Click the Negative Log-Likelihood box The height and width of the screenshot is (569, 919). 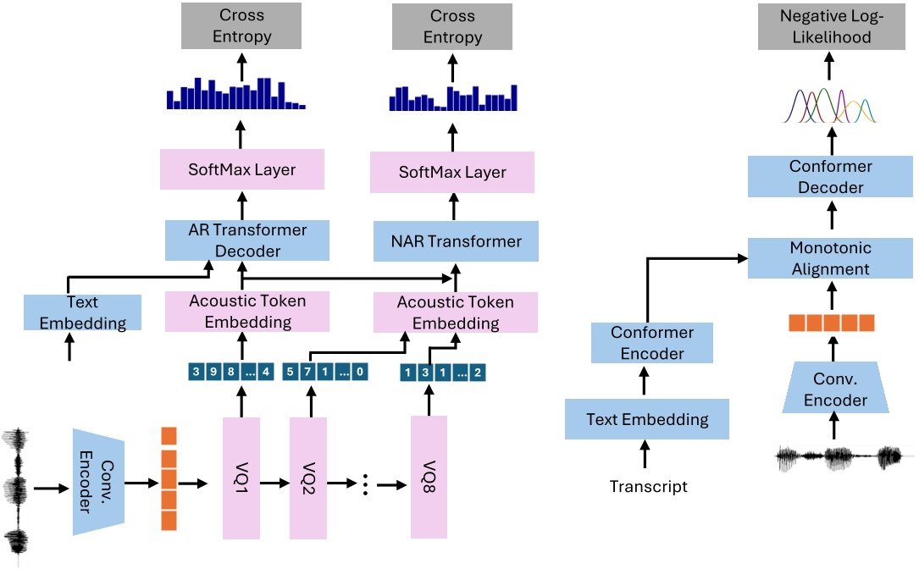click(x=830, y=26)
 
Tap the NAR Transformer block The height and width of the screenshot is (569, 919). click(x=457, y=241)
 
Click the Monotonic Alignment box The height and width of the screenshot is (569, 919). click(x=829, y=258)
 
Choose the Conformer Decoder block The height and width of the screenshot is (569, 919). click(x=830, y=177)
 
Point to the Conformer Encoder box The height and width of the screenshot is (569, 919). click(x=651, y=342)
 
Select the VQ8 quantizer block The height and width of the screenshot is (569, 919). click(x=429, y=477)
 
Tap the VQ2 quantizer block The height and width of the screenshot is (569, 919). click(x=307, y=477)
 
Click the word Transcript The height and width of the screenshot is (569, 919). click(x=648, y=486)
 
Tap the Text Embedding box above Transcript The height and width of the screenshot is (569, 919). click(x=648, y=419)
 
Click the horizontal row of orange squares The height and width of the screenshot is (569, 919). click(x=829, y=323)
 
